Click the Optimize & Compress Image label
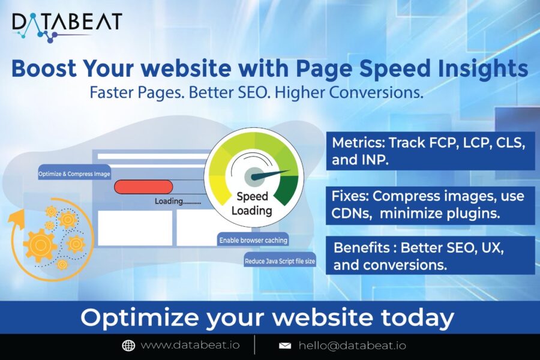click(x=74, y=173)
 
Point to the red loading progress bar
click(x=143, y=187)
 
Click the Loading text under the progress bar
click(x=177, y=201)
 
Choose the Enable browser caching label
click(x=253, y=241)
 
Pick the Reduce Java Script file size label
click(x=280, y=261)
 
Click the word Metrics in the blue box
click(x=357, y=144)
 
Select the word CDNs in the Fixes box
click(x=352, y=211)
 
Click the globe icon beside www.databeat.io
click(x=128, y=346)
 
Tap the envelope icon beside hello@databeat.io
click(x=285, y=346)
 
